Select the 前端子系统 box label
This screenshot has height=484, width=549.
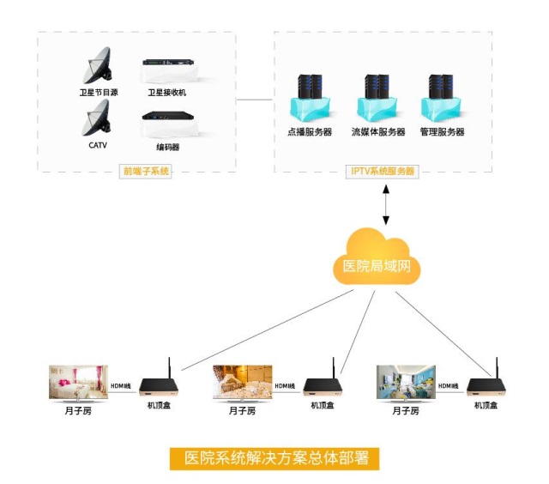(147, 171)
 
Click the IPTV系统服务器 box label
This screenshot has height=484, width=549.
(383, 171)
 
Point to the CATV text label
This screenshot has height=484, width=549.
(98, 146)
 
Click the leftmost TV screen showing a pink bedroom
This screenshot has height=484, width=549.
(77, 381)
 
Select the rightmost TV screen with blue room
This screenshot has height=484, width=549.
(406, 381)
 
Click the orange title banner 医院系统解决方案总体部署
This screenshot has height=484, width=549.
(274, 457)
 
